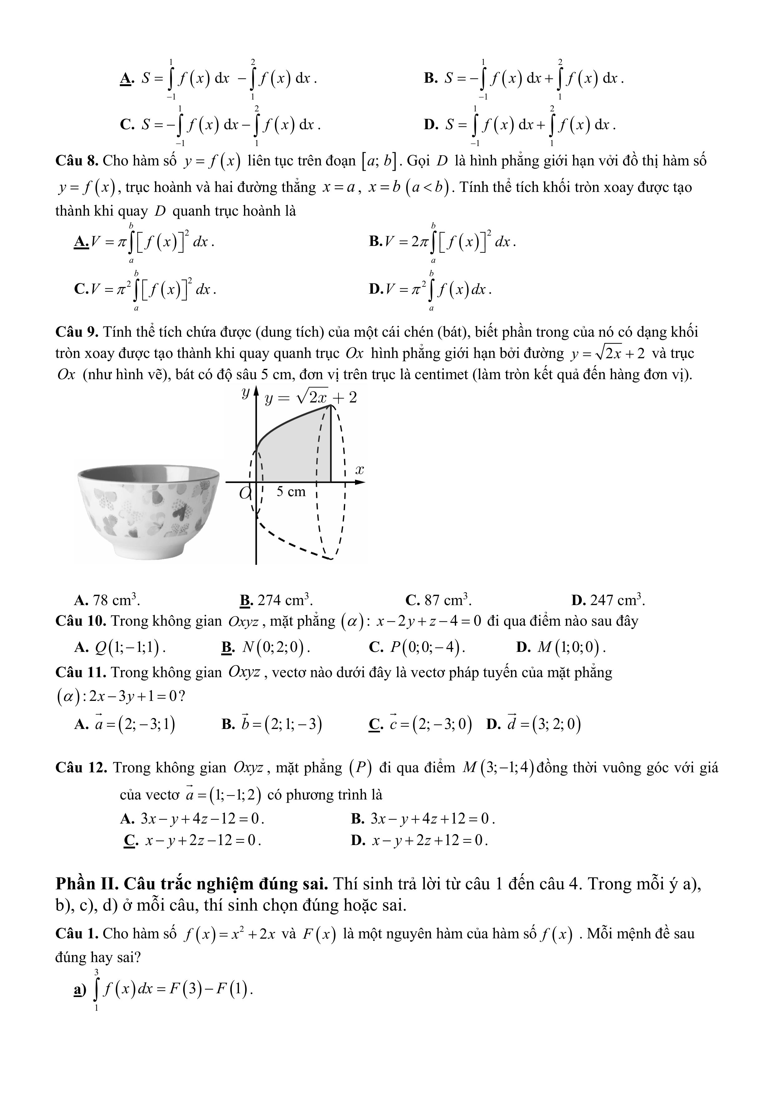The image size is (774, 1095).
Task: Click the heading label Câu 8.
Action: tap(77, 161)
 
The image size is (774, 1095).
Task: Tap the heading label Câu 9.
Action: tap(77, 332)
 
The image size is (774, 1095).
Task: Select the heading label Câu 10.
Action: tap(80, 621)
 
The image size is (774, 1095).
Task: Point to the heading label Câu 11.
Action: tap(80, 672)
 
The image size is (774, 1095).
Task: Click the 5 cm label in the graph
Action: tap(291, 492)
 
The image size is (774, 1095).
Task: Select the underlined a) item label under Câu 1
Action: tap(79, 990)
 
